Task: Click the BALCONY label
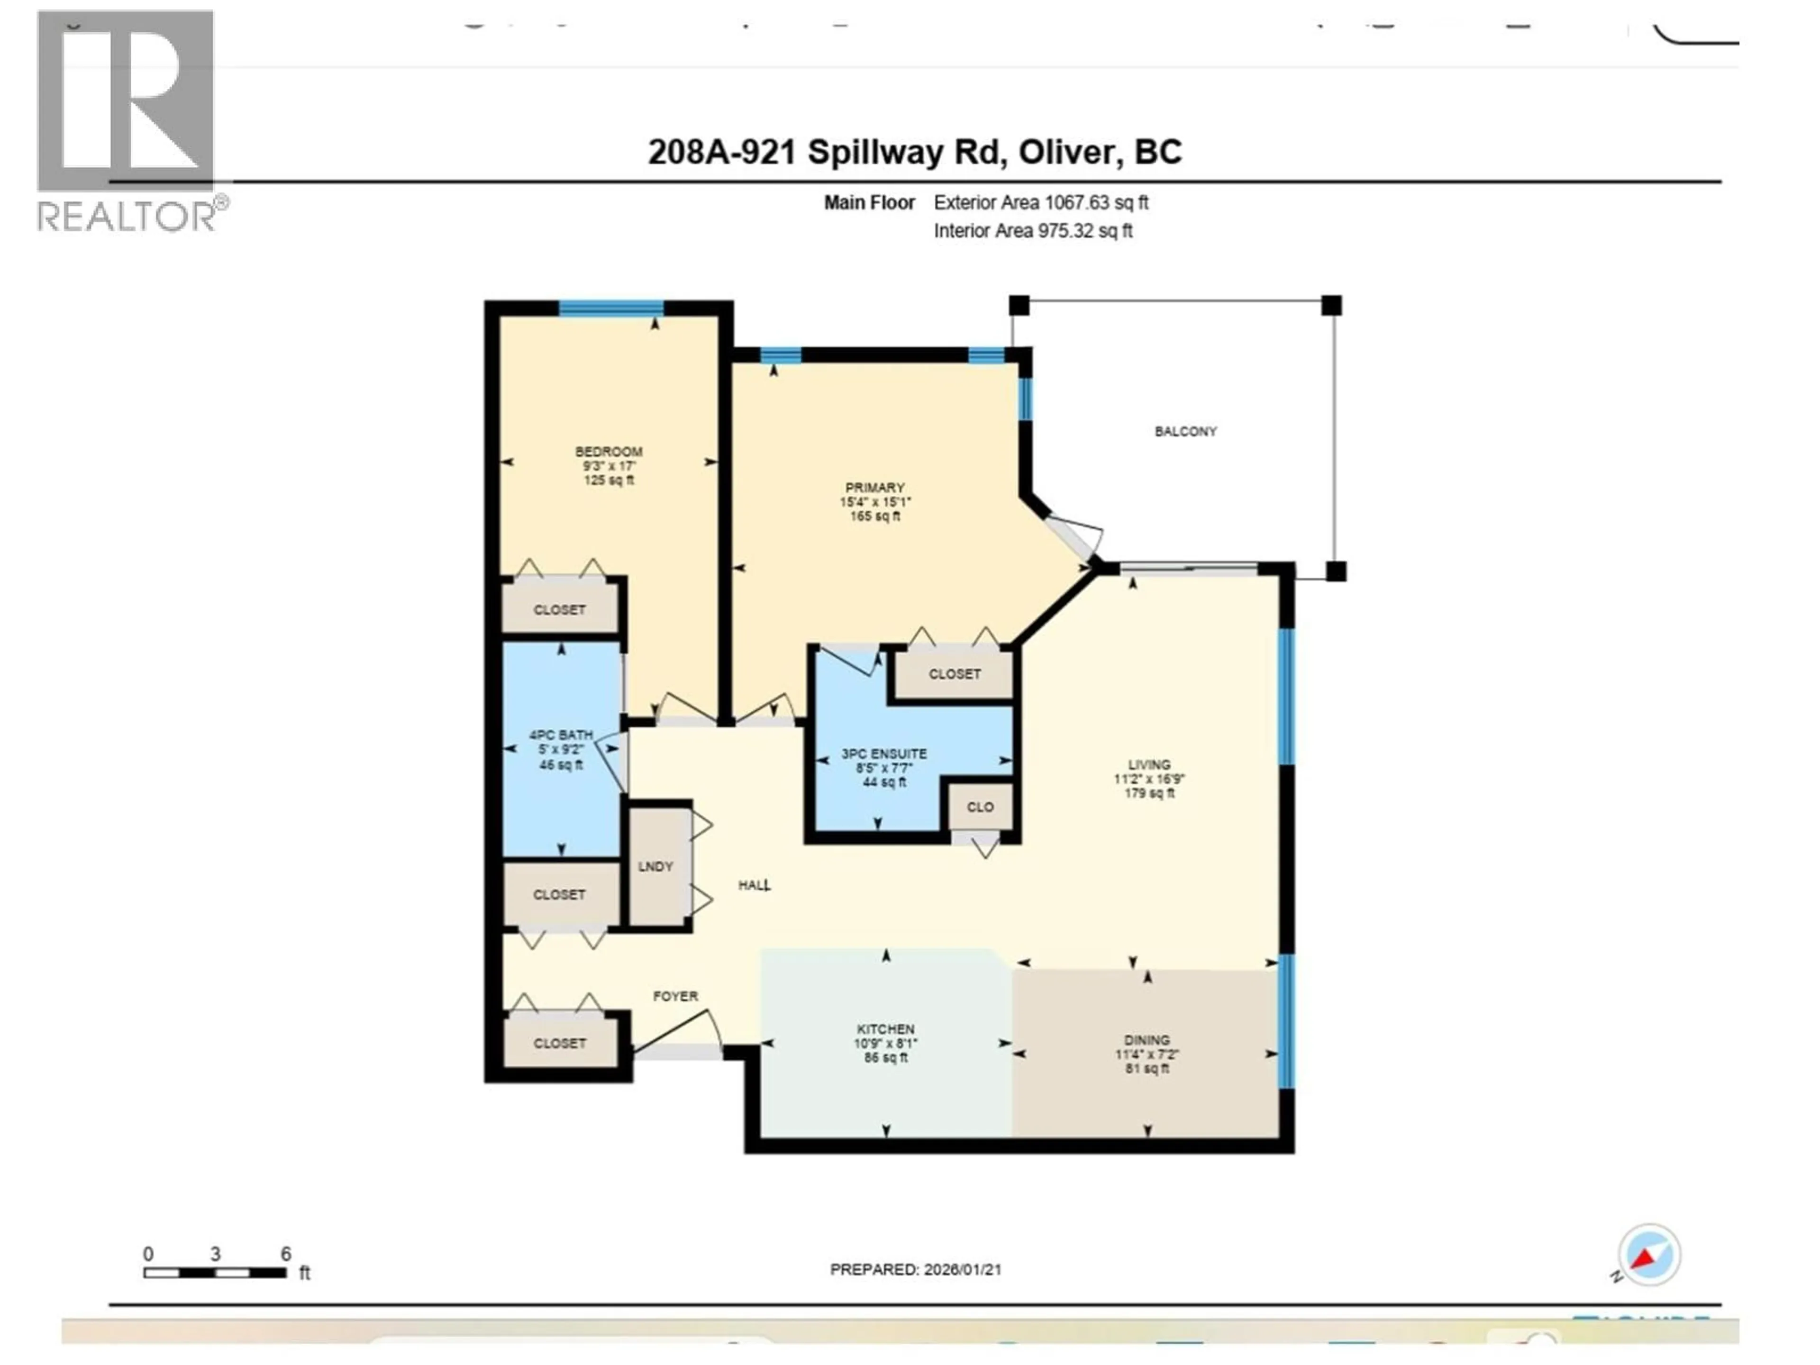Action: pyautogui.click(x=1185, y=431)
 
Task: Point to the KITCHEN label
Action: pyautogui.click(x=885, y=1029)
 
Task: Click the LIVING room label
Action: pyautogui.click(x=1148, y=764)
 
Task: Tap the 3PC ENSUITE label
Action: pyautogui.click(x=883, y=754)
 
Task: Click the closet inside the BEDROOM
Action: pyautogui.click(x=559, y=610)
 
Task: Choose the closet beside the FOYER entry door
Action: pyautogui.click(x=559, y=1043)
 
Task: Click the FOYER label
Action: pyautogui.click(x=675, y=996)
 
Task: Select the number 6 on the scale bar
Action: pyautogui.click(x=285, y=1254)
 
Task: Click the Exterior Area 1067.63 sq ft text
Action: pyautogui.click(x=1041, y=202)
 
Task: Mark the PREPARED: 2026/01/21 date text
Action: pyautogui.click(x=915, y=1270)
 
